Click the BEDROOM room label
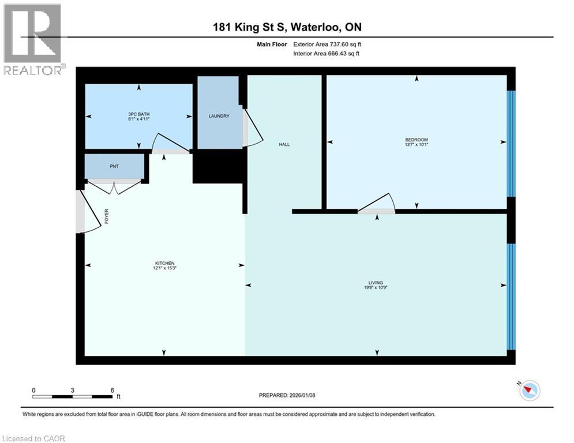416,140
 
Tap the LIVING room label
376,283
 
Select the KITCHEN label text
164,263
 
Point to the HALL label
284,144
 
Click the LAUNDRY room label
219,116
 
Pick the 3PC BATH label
138,114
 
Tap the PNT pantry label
114,166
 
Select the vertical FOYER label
107,216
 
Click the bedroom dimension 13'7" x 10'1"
416,145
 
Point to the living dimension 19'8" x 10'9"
376,288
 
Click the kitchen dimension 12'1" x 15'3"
164,268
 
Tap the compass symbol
529,391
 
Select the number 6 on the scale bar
112,391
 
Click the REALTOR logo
33,39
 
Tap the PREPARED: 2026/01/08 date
287,395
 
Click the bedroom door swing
378,204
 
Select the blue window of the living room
510,296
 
